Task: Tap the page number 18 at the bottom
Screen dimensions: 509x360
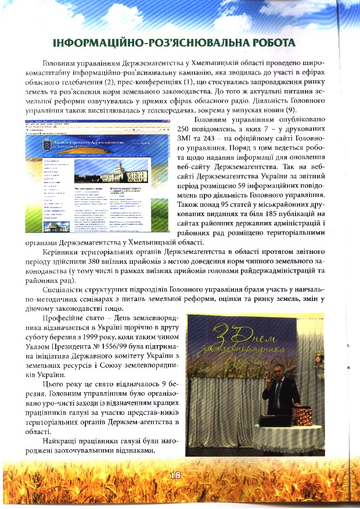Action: tap(176, 475)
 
